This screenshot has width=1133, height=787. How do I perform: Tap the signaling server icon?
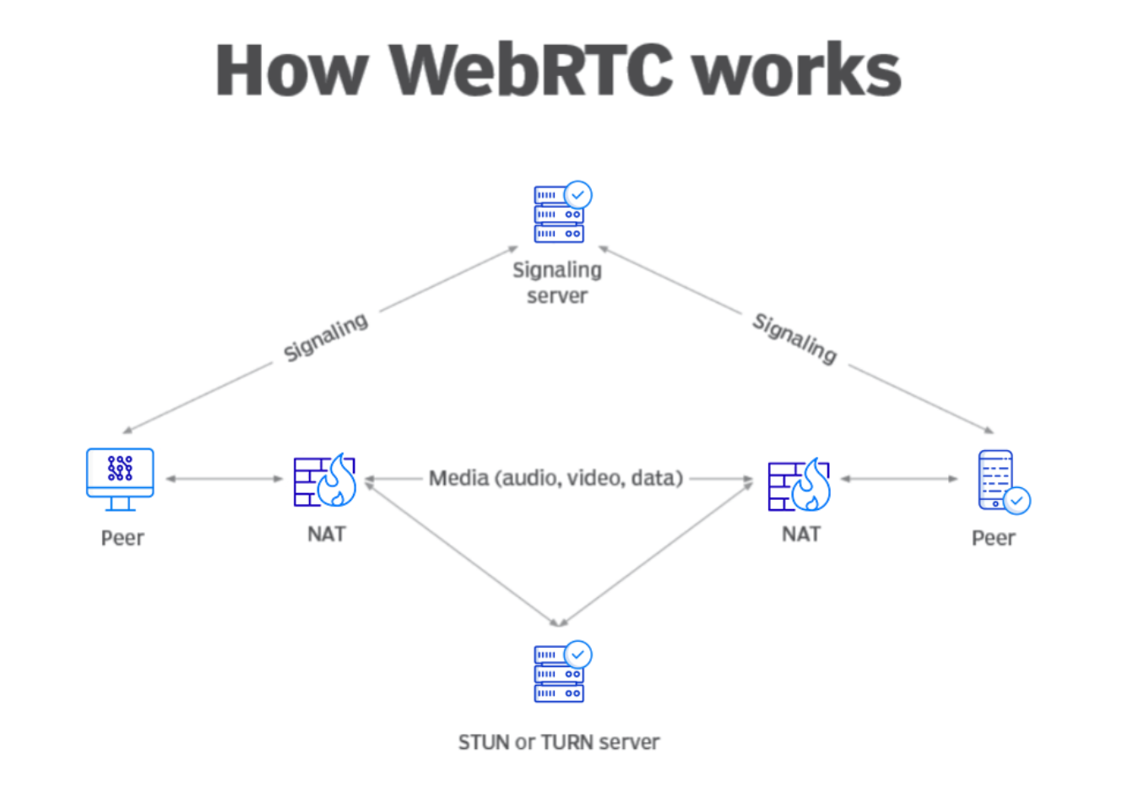559,214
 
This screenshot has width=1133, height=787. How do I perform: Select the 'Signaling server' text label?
557,283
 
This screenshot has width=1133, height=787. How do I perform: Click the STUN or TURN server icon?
559,675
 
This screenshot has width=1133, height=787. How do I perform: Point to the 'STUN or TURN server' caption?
559,742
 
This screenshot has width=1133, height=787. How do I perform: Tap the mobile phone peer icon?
997,480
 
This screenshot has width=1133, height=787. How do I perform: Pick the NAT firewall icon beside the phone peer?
799,485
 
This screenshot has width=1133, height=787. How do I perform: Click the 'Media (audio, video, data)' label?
556,479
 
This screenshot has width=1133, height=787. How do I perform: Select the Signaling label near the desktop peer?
326,337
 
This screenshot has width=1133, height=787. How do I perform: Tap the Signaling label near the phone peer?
794,339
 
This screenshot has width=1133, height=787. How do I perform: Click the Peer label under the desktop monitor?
122,538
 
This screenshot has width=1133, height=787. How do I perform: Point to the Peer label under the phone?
993,538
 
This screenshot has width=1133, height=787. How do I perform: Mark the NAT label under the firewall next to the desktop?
326,535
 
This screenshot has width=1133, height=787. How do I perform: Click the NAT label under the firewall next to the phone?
800,535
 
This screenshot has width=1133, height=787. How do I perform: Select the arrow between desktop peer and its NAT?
224,479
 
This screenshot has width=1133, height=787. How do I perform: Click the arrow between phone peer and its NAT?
899,479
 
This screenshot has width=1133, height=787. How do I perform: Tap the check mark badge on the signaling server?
578,195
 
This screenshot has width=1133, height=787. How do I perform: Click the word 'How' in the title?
291,70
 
